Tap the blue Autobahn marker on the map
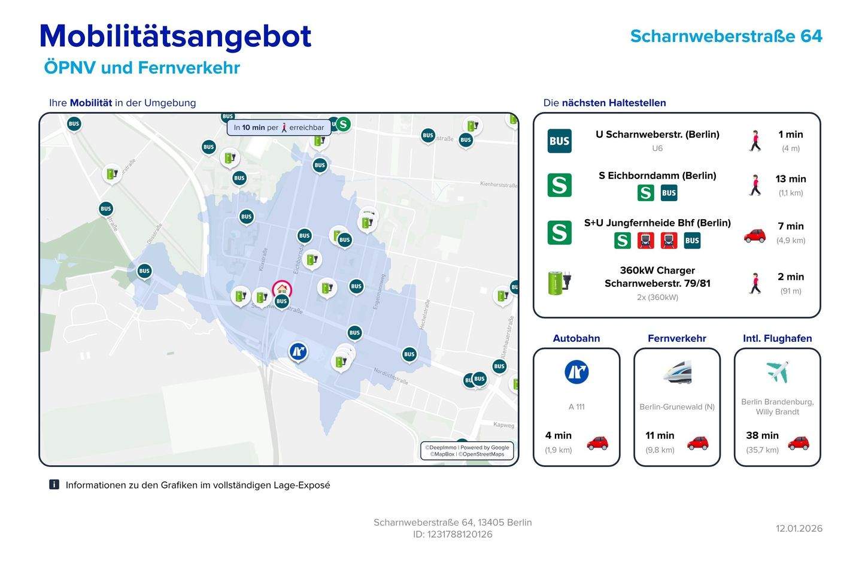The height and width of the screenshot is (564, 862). point(298,351)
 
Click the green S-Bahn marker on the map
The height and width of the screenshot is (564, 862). point(343,125)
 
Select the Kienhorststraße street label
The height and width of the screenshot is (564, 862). point(499,185)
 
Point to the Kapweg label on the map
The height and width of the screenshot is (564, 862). point(503,425)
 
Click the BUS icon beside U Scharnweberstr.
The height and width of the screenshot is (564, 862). point(559,141)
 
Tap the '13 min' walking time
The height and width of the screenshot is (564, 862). point(790,179)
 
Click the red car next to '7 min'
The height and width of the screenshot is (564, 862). point(755,235)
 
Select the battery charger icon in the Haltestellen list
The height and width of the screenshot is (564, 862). point(560,282)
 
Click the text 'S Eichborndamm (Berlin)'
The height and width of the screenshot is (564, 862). point(657,175)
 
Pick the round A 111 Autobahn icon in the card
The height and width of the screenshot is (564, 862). point(576,372)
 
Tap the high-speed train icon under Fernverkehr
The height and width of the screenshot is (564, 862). point(677,372)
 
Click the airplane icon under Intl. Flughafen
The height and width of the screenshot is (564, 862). point(777,372)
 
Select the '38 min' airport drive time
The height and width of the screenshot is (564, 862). point(762,435)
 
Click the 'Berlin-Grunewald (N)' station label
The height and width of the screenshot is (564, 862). point(677,407)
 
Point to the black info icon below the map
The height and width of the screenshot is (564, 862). point(54,484)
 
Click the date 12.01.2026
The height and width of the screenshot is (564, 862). point(799,528)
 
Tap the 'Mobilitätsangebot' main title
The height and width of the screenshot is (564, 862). point(175,36)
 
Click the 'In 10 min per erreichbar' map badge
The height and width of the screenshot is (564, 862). point(279,128)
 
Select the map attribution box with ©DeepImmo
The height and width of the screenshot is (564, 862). point(467,451)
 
